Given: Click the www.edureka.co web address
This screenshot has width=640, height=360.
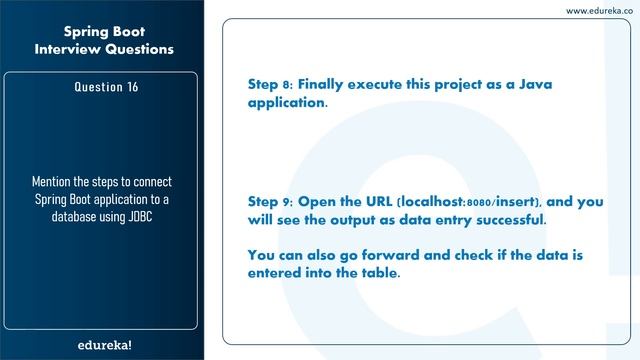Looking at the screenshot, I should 599,10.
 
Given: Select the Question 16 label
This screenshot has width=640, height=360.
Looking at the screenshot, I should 106,87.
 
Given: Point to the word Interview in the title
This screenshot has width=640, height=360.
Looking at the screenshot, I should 70,48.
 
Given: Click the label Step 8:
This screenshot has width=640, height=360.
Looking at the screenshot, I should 274,85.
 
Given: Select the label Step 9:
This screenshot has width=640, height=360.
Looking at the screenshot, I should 274,201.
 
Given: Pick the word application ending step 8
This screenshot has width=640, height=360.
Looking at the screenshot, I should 286,103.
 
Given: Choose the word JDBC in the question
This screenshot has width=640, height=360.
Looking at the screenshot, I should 143,216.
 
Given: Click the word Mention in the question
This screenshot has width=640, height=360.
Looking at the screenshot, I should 57,182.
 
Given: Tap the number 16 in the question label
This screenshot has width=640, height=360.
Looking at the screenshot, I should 131,87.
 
